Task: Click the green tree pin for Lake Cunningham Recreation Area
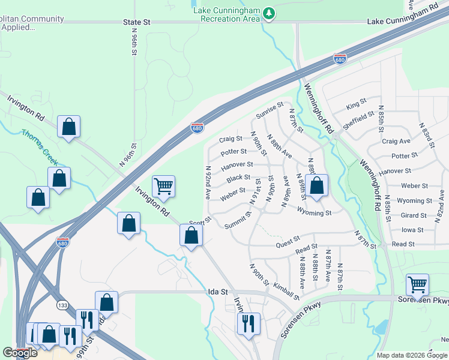270,13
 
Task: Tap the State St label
136,22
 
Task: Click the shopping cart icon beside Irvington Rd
163,187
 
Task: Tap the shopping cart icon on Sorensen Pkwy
417,284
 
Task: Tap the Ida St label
218,292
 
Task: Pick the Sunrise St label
269,110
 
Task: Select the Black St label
238,178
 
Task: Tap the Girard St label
414,215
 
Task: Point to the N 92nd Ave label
208,182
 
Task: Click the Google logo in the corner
20,353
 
